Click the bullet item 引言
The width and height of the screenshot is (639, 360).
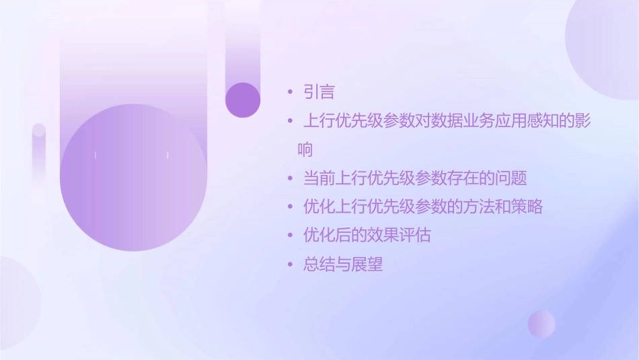(x=319, y=92)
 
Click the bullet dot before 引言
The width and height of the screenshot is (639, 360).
(x=290, y=92)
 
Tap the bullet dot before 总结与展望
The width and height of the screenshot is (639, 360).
(x=290, y=264)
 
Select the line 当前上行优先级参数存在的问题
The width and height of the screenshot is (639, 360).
(x=415, y=178)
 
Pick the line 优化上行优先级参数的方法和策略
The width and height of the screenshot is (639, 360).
(x=423, y=207)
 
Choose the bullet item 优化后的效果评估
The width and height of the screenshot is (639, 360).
(x=367, y=236)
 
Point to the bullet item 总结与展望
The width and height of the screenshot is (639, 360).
(x=343, y=264)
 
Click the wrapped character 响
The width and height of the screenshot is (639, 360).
(x=305, y=149)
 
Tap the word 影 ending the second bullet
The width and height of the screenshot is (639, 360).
(x=582, y=121)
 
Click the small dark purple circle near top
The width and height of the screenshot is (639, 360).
(x=243, y=100)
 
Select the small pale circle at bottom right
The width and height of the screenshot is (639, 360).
(x=541, y=324)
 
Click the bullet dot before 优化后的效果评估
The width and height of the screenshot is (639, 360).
(x=290, y=236)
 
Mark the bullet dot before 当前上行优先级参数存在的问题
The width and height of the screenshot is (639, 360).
(x=290, y=178)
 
